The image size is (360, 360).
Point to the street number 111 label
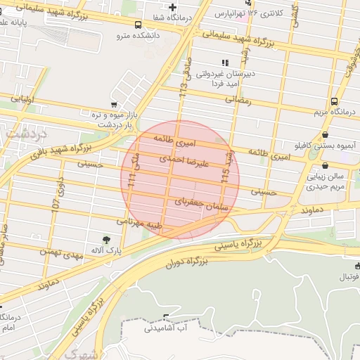[131, 181]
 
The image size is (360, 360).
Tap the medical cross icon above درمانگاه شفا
[172, 7]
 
